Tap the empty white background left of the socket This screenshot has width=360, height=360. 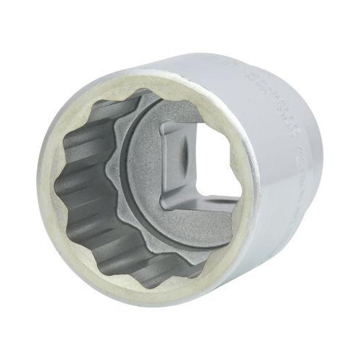[x=18, y=180]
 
